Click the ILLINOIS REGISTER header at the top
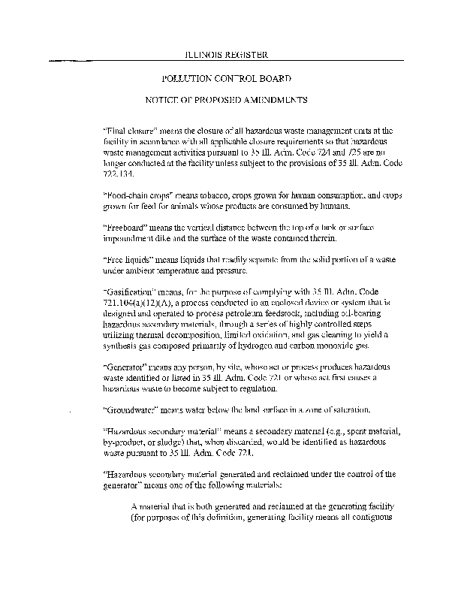pyautogui.click(x=226, y=55)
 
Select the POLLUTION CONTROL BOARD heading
pyautogui.click(x=227, y=77)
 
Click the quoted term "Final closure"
pyautogui.click(x=125, y=130)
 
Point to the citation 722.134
pyautogui.click(x=118, y=173)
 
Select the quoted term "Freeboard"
pyautogui.click(x=123, y=227)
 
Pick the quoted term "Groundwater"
pyautogui.click(x=128, y=410)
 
